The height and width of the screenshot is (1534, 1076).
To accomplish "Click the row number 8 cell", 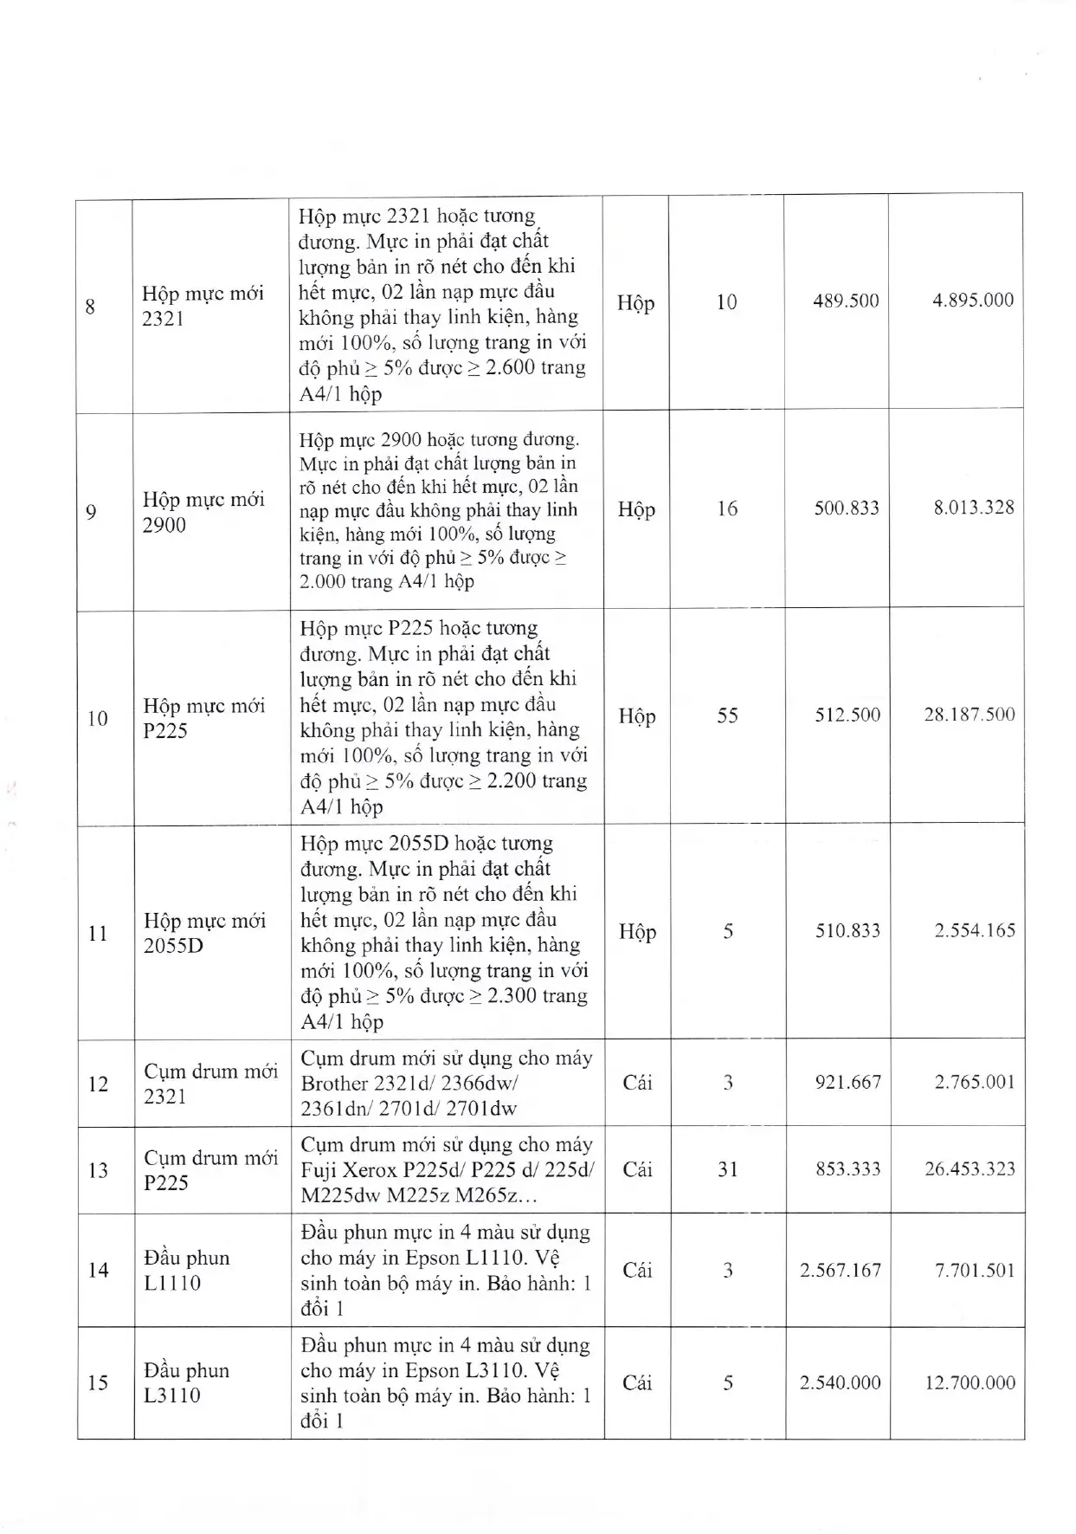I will coord(90,307).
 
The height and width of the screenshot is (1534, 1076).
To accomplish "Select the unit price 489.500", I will coord(846,301).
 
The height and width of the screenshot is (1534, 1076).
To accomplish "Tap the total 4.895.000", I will coord(972,301).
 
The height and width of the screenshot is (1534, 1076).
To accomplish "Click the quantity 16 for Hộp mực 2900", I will coord(727,508).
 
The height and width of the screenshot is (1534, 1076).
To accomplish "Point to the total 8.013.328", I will coord(973,508).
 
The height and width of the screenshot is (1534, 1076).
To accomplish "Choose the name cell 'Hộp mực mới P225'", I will coord(204,718).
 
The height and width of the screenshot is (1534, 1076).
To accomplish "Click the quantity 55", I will coord(727,715).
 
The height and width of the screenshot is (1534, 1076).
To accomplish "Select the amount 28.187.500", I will coord(969,715).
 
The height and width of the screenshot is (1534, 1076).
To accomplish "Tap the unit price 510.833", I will coord(847,931).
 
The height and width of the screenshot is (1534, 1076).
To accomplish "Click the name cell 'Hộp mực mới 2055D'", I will coord(205,933).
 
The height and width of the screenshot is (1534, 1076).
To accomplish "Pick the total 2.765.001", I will coord(974,1082).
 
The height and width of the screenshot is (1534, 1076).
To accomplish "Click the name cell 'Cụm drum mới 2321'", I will coord(210,1084).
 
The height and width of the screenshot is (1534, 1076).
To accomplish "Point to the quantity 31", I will coord(728,1169).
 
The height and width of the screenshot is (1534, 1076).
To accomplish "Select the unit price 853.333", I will coord(847,1169).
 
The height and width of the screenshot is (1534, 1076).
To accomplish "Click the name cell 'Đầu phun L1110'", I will coord(187,1270).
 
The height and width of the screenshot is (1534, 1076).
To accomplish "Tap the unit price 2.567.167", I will coord(840,1271).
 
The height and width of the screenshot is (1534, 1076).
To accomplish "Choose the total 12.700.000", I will coord(970,1382).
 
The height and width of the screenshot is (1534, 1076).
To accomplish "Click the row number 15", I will coord(98,1382).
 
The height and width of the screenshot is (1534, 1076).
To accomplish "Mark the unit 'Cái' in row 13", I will coord(638,1170).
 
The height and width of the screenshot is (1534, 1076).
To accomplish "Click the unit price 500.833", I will coord(846,508).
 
